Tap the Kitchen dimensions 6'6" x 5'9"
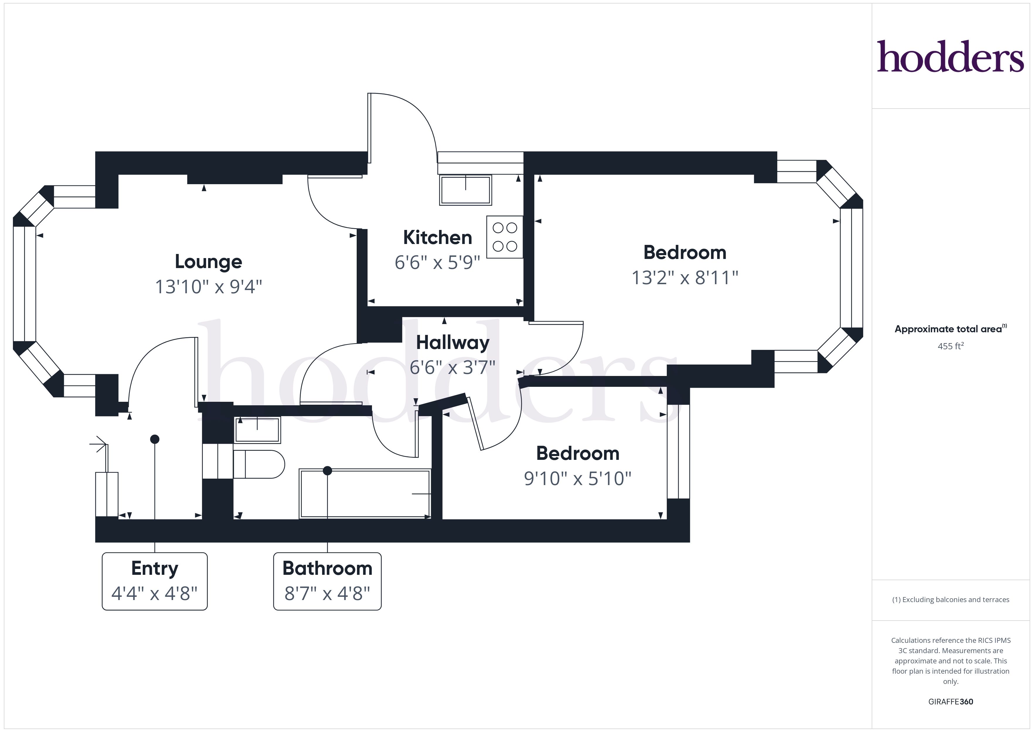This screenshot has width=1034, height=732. tap(437, 262)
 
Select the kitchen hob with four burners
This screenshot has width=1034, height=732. tap(504, 237)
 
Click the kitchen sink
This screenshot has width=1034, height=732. tap(465, 190)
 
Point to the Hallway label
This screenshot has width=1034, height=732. tap(453, 343)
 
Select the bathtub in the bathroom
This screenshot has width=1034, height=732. tap(365, 494)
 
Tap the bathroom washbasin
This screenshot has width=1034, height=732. tap(257, 430)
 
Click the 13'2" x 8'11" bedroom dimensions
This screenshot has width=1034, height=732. tap(685, 278)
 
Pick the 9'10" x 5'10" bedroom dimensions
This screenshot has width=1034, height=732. tap(578, 478)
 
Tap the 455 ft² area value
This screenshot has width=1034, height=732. tap(950, 346)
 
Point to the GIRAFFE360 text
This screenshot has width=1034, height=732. tap(950, 702)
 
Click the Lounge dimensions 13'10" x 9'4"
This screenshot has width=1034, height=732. tap(208, 287)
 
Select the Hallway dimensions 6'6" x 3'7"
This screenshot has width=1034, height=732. tap(453, 367)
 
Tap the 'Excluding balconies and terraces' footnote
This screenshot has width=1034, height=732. tap(950, 599)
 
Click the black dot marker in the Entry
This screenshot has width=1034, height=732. tap(154, 439)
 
